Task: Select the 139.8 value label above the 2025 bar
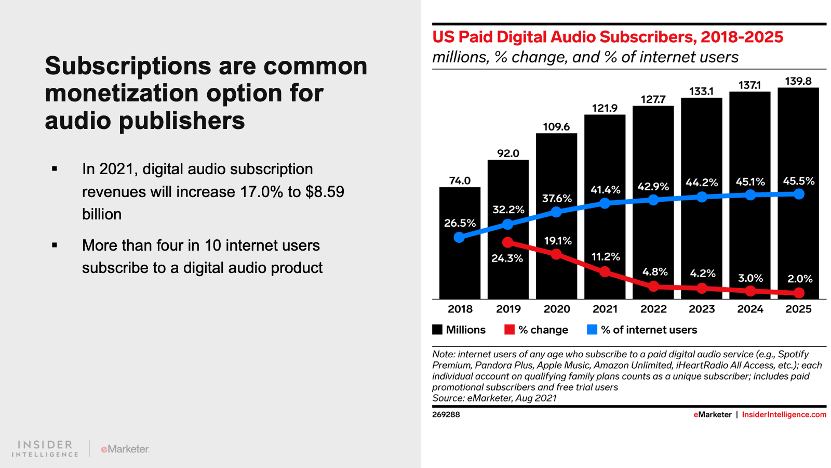tap(798, 81)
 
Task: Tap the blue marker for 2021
tap(605, 203)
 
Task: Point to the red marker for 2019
tap(508, 242)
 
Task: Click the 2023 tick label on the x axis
tap(702, 309)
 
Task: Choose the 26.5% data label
tap(460, 223)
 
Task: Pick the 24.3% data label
tap(507, 258)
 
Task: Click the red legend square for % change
tap(510, 330)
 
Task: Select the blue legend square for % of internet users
tap(592, 330)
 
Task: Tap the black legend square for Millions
tap(437, 330)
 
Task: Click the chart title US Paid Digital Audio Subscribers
tap(607, 37)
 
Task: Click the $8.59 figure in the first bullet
tap(325, 192)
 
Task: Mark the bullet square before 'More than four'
tap(55, 245)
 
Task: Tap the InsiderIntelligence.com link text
tap(784, 414)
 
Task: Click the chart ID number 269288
tap(446, 414)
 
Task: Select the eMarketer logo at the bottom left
tap(125, 449)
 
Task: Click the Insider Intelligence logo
tap(45, 449)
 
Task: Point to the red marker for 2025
tap(799, 293)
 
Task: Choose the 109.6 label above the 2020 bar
tap(556, 127)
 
